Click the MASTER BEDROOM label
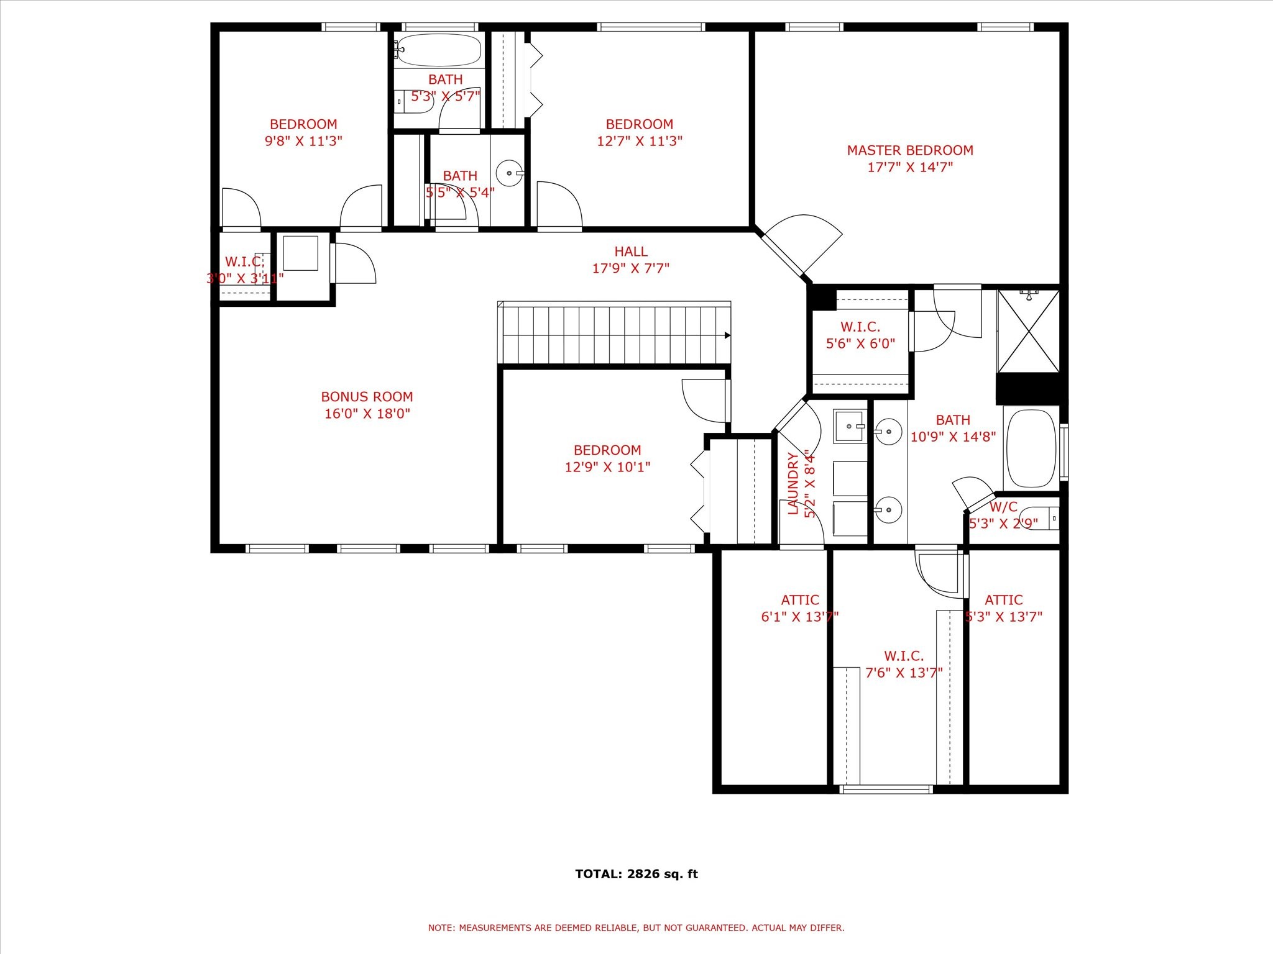(909, 150)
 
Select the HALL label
(631, 252)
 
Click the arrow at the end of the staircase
(727, 335)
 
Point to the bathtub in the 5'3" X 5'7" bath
(439, 50)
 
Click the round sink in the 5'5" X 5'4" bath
(510, 173)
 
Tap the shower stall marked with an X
(1028, 331)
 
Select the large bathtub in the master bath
(1031, 448)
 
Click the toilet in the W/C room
(1042, 517)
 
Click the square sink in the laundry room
(849, 426)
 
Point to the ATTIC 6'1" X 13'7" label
(800, 608)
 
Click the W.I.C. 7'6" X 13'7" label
(904, 664)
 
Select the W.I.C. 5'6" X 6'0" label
(860, 335)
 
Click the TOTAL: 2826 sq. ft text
(636, 874)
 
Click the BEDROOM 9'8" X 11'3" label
(303, 132)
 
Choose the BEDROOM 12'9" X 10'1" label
(607, 458)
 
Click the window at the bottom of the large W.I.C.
(886, 789)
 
